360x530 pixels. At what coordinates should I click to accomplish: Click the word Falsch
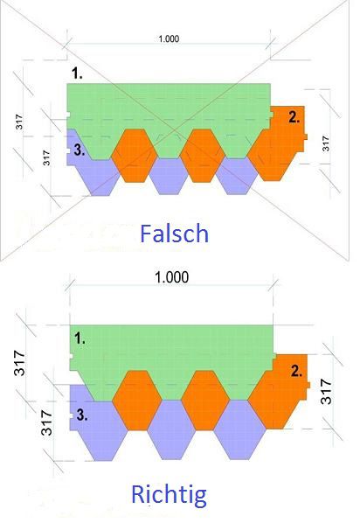[x=174, y=234]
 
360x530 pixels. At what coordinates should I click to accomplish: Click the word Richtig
[x=169, y=494]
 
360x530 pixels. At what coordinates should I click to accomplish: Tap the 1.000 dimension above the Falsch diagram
[x=169, y=38]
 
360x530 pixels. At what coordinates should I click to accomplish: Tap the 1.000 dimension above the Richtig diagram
[x=171, y=277]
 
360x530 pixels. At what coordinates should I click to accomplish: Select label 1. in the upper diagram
[x=77, y=73]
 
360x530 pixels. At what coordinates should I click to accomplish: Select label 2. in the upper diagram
[x=294, y=117]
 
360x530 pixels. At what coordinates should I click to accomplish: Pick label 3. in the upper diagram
[x=80, y=150]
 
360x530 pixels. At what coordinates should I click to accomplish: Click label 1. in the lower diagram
[x=80, y=338]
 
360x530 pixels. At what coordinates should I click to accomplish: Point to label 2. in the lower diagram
[x=296, y=371]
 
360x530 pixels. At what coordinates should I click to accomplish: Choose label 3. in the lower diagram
[x=82, y=415]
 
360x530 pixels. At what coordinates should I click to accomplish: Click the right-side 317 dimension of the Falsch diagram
[x=325, y=143]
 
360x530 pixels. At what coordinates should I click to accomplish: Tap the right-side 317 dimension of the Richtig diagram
[x=326, y=392]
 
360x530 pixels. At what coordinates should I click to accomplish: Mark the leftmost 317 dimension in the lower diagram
[x=19, y=363]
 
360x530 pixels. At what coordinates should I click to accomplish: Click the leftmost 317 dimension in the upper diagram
[x=19, y=122]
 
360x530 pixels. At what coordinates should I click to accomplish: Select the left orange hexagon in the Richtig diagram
[x=137, y=401]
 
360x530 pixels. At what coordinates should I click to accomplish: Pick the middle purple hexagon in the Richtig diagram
[x=171, y=430]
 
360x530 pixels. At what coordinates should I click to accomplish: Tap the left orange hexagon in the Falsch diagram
[x=134, y=156]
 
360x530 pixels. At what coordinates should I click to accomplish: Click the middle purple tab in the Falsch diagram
[x=169, y=177]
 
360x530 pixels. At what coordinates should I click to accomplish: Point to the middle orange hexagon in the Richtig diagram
[x=205, y=401]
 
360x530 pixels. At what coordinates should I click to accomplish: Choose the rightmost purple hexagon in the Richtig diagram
[x=240, y=430]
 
